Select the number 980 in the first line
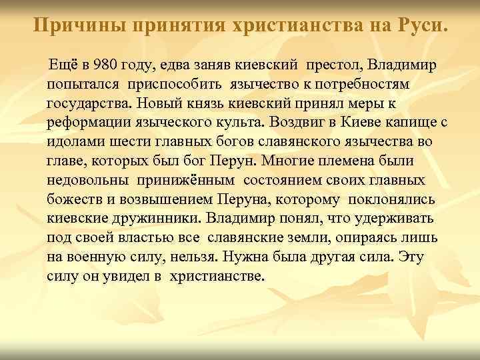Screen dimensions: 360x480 click(107, 67)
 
